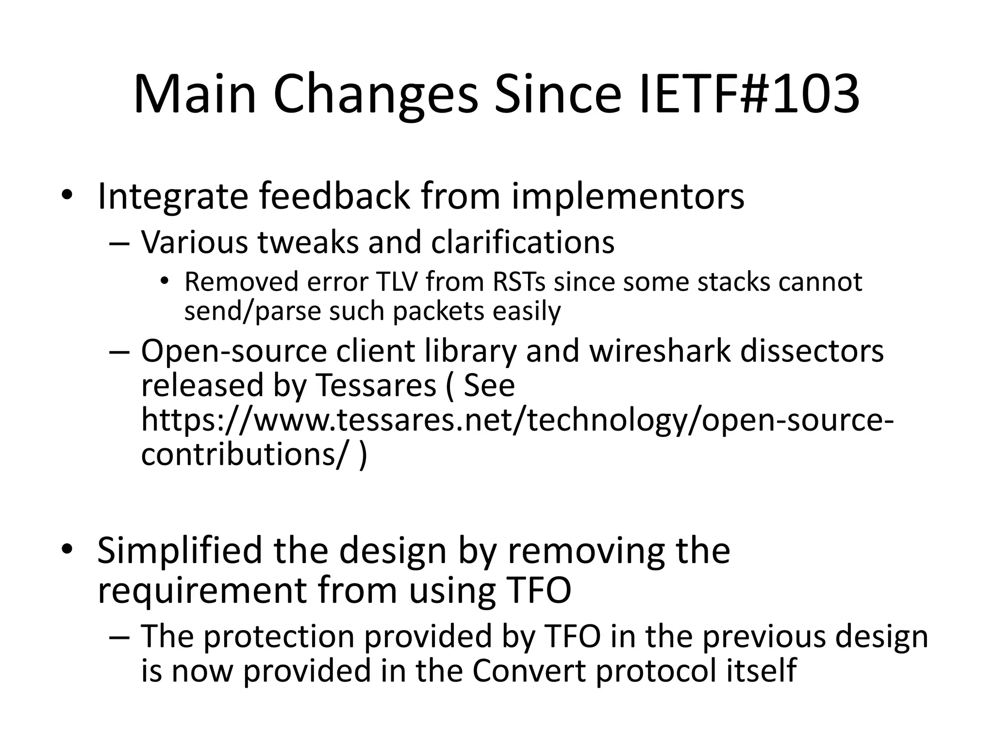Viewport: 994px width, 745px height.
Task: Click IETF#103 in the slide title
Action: click(750, 95)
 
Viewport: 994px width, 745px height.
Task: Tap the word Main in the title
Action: click(195, 95)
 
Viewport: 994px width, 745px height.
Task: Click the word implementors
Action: click(628, 196)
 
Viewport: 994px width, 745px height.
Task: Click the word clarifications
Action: click(523, 242)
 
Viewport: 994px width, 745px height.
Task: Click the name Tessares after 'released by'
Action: click(376, 386)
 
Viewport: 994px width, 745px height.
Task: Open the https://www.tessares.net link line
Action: click(517, 421)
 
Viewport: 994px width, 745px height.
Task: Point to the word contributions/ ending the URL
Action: click(245, 454)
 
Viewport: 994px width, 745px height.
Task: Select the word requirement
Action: click(202, 591)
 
